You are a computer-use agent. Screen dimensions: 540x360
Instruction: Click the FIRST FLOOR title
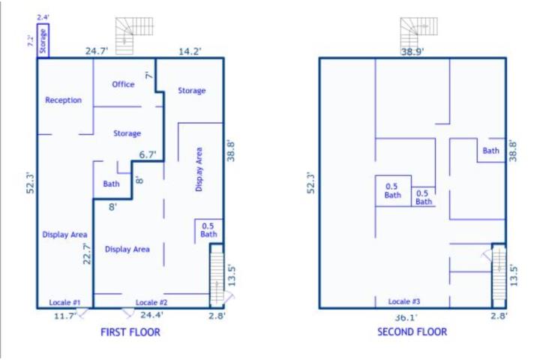(x=130, y=332)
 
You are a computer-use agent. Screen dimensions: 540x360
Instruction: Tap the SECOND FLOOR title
(x=412, y=331)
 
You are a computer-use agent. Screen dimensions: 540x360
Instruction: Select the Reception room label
(x=63, y=100)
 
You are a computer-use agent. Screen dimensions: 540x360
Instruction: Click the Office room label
(x=123, y=85)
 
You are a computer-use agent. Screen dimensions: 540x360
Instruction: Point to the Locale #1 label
(x=64, y=302)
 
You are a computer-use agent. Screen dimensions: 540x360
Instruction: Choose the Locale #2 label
(x=151, y=302)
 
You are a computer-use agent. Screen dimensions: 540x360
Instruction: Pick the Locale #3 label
(x=404, y=301)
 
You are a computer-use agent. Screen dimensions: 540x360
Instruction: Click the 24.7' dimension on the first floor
(x=97, y=51)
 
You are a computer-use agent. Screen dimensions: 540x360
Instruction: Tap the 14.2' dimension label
(x=190, y=51)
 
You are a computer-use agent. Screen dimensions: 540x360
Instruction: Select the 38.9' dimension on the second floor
(x=412, y=52)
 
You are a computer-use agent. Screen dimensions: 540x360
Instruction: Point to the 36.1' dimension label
(x=406, y=318)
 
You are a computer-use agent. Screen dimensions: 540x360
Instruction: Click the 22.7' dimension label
(x=87, y=253)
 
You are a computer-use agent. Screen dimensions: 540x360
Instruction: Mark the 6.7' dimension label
(x=148, y=154)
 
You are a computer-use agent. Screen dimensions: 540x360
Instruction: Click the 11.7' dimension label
(x=65, y=316)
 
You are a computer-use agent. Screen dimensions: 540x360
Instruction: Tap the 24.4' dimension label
(x=151, y=315)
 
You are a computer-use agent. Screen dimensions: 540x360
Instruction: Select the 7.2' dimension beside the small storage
(x=31, y=40)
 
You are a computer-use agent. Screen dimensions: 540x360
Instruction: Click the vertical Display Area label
(x=199, y=169)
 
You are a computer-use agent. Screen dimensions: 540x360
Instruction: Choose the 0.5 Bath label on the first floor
(x=208, y=230)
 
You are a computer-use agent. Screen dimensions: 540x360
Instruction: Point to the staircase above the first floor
(x=134, y=36)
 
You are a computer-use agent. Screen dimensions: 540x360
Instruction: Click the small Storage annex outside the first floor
(x=43, y=40)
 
